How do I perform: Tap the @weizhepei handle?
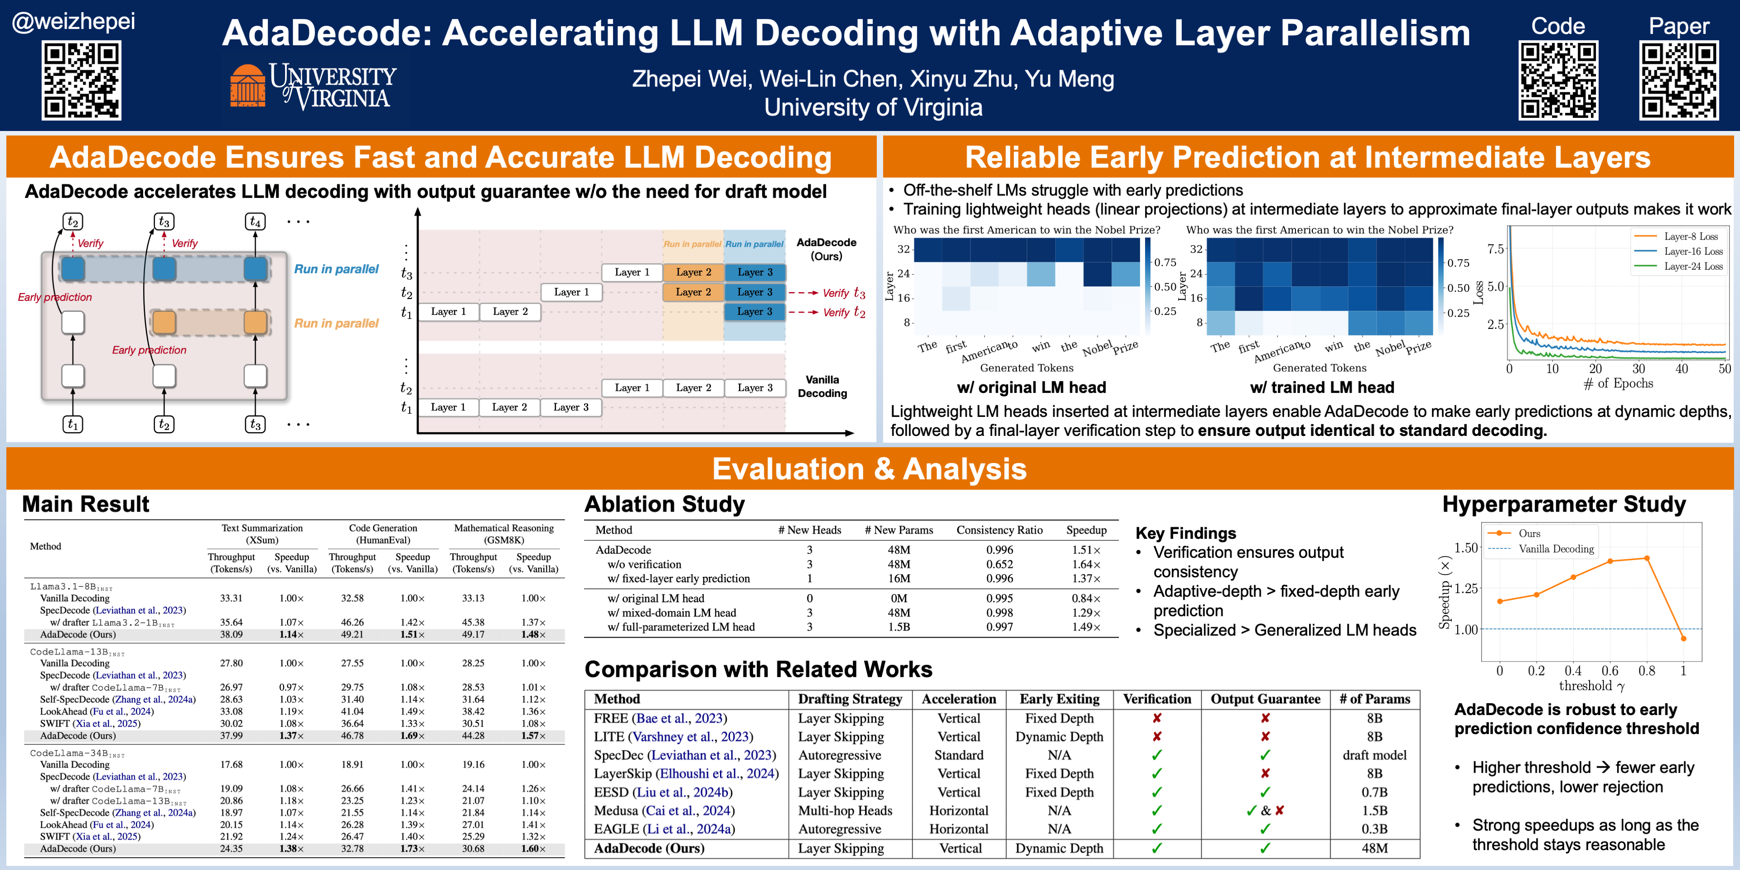pos(73,22)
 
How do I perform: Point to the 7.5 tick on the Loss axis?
pos(1495,249)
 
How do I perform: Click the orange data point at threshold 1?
pos(1683,638)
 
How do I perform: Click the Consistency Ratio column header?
pos(999,530)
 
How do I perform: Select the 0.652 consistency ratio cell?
pos(999,564)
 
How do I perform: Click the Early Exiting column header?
pos(1059,699)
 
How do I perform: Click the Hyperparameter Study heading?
pos(1564,504)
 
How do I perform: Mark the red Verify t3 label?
pos(843,293)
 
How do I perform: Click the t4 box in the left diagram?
pos(255,222)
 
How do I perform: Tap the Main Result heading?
pos(86,504)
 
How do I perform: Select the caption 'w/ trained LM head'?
pos(1322,387)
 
